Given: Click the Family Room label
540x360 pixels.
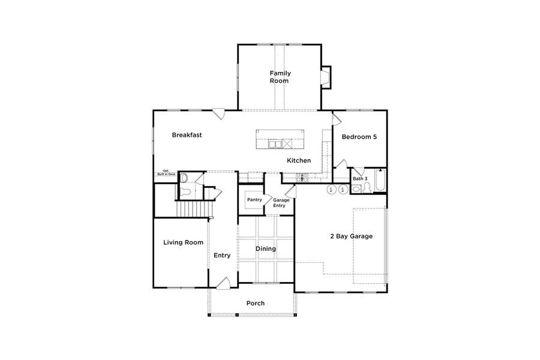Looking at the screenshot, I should click(x=279, y=77).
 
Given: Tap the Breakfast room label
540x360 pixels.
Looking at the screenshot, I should click(x=187, y=136).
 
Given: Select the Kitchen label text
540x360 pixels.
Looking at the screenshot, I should click(x=298, y=161).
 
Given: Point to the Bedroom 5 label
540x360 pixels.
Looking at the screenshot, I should click(x=359, y=137).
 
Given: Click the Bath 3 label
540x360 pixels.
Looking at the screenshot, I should click(x=359, y=179).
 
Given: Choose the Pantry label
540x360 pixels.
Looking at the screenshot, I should click(x=254, y=200).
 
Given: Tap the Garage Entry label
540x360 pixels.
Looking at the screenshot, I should click(x=281, y=203).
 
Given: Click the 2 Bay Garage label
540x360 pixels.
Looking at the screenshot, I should click(x=351, y=236).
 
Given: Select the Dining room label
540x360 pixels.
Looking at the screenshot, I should click(x=266, y=249).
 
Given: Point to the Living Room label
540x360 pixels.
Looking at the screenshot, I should click(x=183, y=243).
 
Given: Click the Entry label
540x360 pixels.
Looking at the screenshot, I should click(x=222, y=256).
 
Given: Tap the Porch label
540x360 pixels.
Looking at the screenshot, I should click(x=255, y=304).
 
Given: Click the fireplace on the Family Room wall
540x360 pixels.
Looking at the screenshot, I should click(x=326, y=77).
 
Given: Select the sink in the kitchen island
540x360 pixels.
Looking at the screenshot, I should click(x=275, y=144).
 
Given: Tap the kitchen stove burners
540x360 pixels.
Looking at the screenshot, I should click(x=302, y=178).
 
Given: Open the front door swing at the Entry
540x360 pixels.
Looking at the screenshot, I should click(x=223, y=283).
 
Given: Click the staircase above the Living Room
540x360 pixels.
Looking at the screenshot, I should click(x=195, y=208).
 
